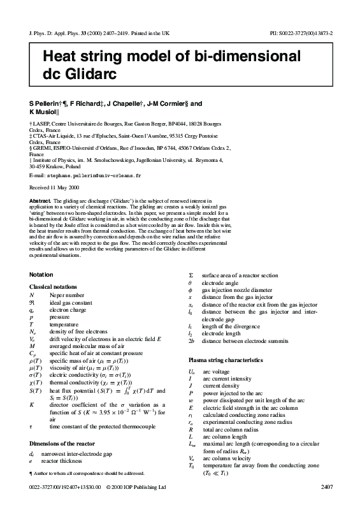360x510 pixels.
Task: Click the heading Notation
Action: [x=41, y=275]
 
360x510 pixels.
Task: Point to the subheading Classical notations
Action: [x=57, y=287]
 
